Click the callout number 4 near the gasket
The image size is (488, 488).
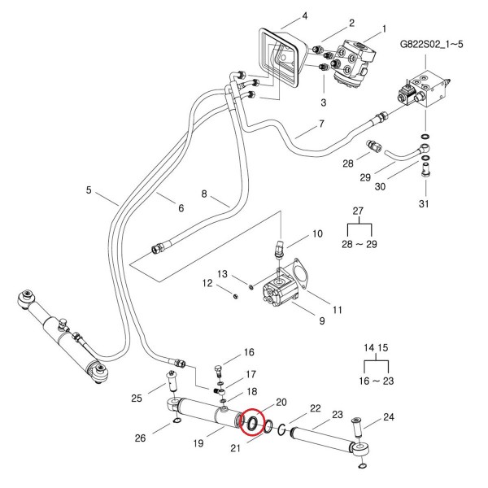(x=305, y=15)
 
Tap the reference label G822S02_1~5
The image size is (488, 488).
(x=431, y=44)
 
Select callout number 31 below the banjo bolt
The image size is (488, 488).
(x=424, y=204)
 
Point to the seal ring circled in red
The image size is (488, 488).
(x=252, y=423)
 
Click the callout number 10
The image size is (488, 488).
(x=317, y=233)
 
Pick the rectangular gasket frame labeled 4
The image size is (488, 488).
(x=280, y=56)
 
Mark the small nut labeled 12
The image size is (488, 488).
(x=236, y=296)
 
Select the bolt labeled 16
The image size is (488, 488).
(x=218, y=372)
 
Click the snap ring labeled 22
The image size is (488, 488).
(x=281, y=429)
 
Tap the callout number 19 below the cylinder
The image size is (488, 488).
(x=198, y=443)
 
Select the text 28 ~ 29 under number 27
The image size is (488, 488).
(x=359, y=244)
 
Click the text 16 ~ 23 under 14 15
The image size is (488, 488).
(x=377, y=381)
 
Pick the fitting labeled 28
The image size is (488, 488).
(x=374, y=146)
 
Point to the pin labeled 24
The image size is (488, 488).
(x=357, y=428)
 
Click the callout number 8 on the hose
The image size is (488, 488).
(x=204, y=194)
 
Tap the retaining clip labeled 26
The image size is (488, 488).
(x=176, y=421)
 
